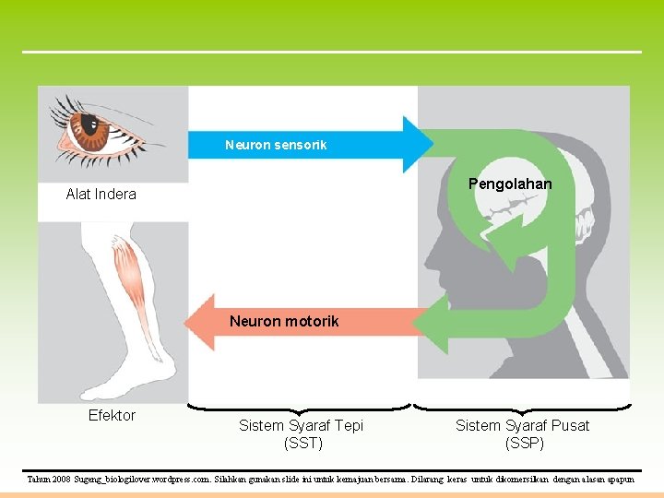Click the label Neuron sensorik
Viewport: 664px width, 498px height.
click(276, 145)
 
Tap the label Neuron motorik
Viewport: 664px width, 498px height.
click(284, 321)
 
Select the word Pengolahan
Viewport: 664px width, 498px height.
click(510, 184)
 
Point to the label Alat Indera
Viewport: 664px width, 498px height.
click(101, 194)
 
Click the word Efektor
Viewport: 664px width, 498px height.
click(112, 415)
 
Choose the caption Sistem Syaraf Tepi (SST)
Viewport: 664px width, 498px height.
click(301, 433)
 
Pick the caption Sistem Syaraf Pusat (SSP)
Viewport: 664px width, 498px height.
click(522, 433)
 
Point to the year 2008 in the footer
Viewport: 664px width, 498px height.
click(61, 480)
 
